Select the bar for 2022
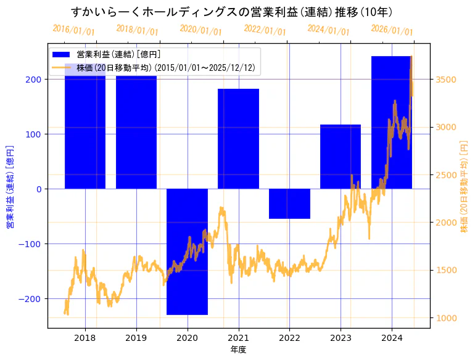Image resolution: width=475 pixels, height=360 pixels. pyautogui.click(x=289, y=203)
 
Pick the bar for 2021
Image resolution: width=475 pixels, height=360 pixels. pyautogui.click(x=238, y=139)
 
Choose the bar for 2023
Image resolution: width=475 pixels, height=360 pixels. pyautogui.click(x=341, y=157)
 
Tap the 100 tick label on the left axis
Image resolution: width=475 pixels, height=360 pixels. pyautogui.click(x=34, y=134)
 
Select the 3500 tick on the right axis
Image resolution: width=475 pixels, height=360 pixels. pyautogui.click(x=446, y=80)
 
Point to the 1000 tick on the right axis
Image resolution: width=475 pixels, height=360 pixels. pyautogui.click(x=446, y=318)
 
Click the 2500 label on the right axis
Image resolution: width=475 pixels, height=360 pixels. pyautogui.click(x=446, y=175)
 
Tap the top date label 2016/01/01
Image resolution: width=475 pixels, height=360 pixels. pyautogui.click(x=73, y=30)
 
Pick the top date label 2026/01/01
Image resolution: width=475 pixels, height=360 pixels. pyautogui.click(x=392, y=30)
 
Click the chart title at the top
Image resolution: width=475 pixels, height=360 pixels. pyautogui.click(x=232, y=12)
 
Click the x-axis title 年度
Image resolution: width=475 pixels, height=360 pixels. pyautogui.click(x=238, y=350)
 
